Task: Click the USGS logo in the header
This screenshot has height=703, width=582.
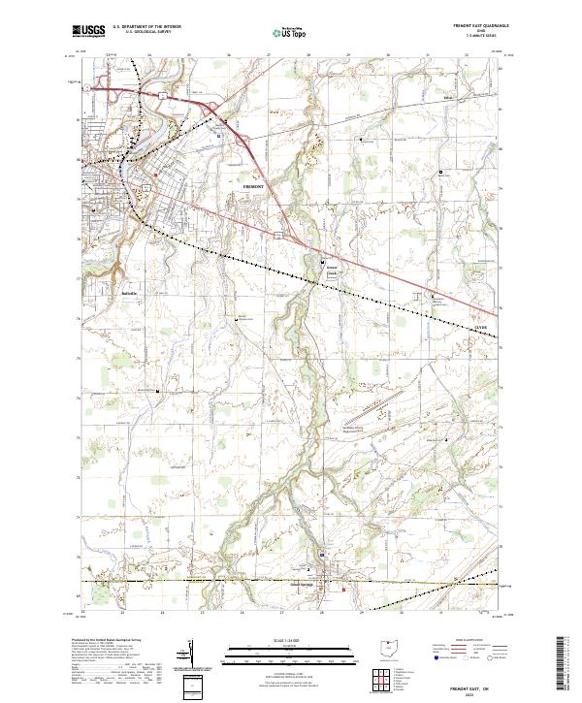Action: (89, 32)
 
